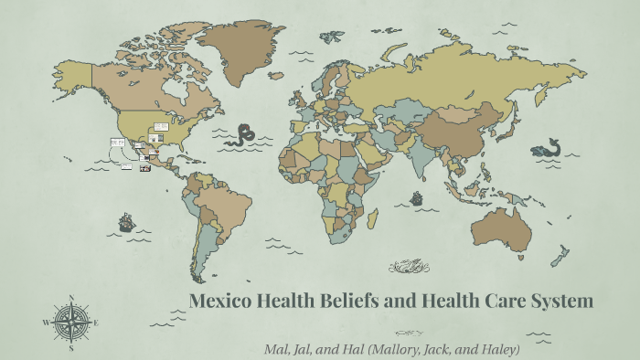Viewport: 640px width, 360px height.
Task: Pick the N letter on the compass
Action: tap(71, 297)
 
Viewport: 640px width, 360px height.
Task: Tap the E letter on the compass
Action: tap(97, 322)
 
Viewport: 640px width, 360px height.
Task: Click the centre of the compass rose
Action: tap(71, 322)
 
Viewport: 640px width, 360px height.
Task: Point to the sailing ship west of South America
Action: tap(126, 222)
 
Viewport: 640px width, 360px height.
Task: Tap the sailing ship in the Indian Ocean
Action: tap(417, 197)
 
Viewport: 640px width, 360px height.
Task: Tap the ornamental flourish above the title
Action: tap(409, 267)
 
